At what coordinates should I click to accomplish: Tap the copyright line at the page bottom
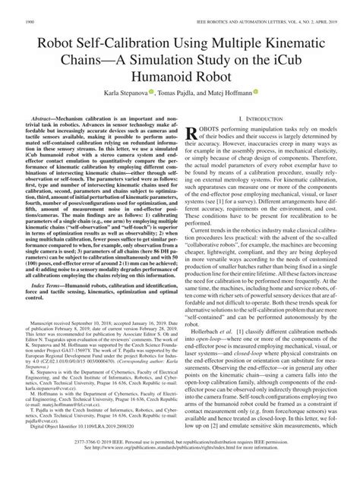[x=180, y=462]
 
